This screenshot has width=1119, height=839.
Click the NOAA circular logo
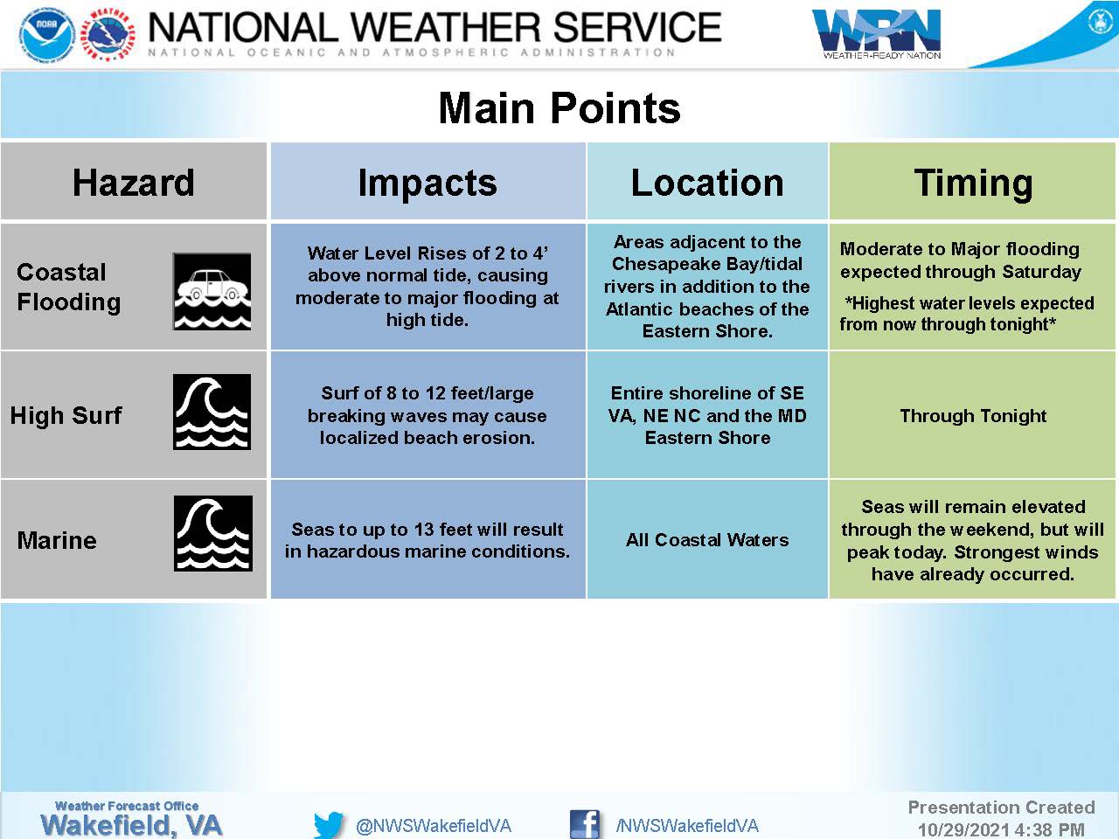pyautogui.click(x=48, y=34)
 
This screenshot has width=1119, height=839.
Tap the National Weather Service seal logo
pyautogui.click(x=108, y=34)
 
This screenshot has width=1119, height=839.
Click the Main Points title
pyautogui.click(x=559, y=108)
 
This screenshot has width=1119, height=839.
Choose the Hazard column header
pyautogui.click(x=134, y=183)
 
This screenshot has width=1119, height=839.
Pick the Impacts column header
pyautogui.click(x=427, y=184)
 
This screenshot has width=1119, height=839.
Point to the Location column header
pyautogui.click(x=707, y=183)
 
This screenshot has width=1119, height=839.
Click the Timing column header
pyautogui.click(x=973, y=184)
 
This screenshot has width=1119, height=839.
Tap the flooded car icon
pyautogui.click(x=212, y=291)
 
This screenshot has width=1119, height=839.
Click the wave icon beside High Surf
pyautogui.click(x=212, y=413)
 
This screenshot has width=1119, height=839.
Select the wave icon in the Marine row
pyautogui.click(x=213, y=533)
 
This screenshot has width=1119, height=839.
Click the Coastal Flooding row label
pyautogui.click(x=69, y=287)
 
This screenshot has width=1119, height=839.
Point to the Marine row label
pyautogui.click(x=57, y=540)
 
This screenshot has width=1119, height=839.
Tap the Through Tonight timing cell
pyautogui.click(x=973, y=416)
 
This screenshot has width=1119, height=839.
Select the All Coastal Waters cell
pyautogui.click(x=707, y=540)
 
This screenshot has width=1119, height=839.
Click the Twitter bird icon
pyautogui.click(x=329, y=825)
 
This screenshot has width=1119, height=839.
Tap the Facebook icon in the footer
pyautogui.click(x=584, y=824)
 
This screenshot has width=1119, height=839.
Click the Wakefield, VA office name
pyautogui.click(x=131, y=825)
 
